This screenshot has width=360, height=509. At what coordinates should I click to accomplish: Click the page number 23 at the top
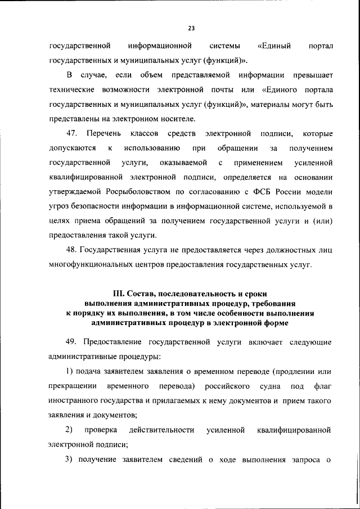click(192, 26)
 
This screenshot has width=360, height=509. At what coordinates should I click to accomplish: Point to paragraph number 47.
click(71, 133)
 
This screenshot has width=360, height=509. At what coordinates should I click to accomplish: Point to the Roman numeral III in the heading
click(119, 293)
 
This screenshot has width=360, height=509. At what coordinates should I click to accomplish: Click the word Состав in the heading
click(143, 293)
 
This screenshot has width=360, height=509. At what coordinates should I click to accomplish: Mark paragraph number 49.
click(71, 341)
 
